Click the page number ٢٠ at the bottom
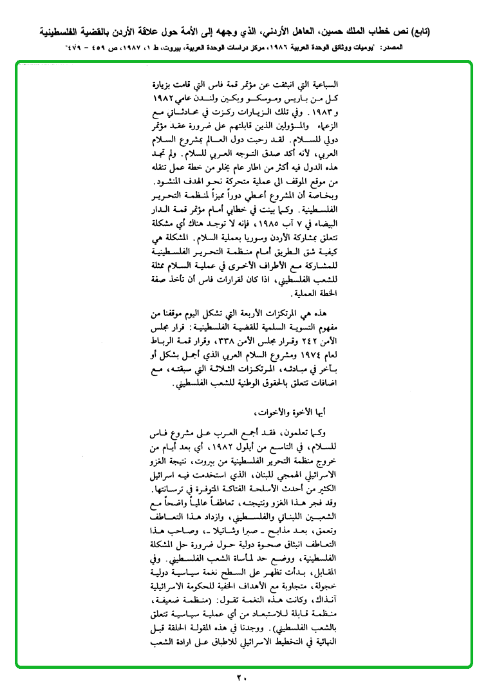(241, 677)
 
